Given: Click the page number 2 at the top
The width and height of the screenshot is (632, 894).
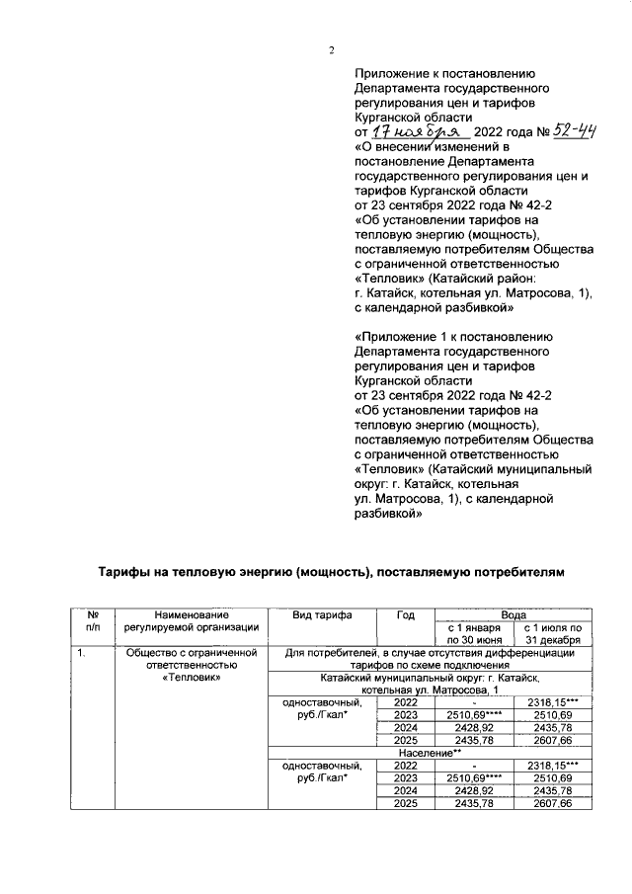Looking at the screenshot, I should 332,51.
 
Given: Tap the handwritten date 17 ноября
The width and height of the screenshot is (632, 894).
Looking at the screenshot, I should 408,131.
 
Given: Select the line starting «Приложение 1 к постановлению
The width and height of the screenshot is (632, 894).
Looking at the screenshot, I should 444,336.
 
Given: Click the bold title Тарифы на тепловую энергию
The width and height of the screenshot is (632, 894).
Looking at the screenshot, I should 334,572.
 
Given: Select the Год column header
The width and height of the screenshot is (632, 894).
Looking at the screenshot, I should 405,613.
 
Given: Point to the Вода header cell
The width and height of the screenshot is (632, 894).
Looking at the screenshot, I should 513,613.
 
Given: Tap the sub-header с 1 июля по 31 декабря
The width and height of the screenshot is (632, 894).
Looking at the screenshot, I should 553,633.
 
